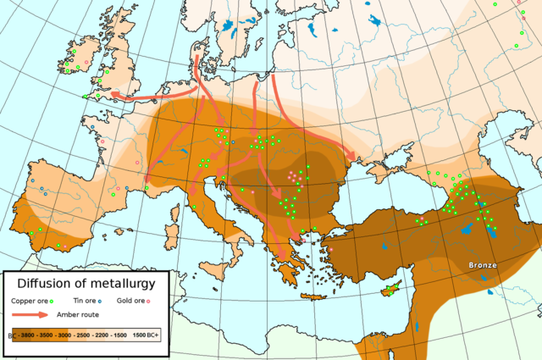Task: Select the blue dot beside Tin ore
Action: (99, 301)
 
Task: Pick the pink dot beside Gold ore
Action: (149, 301)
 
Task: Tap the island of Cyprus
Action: (390, 291)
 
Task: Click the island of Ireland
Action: (80, 60)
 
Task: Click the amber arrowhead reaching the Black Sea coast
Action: (351, 156)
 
